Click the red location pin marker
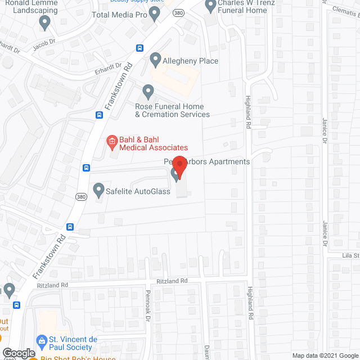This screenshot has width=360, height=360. click(x=179, y=166)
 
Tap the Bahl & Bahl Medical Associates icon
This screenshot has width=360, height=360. click(x=111, y=141)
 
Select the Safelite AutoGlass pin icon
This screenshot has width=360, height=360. click(x=98, y=189)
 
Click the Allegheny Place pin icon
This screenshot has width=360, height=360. click(x=156, y=58)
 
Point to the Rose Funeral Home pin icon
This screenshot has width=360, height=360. click(x=148, y=90)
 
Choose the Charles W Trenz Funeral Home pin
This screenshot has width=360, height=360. click(x=211, y=6)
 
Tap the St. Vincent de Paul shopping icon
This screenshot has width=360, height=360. click(x=41, y=340)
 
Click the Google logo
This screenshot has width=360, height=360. click(x=18, y=353)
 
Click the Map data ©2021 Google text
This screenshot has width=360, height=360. click(x=324, y=355)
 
